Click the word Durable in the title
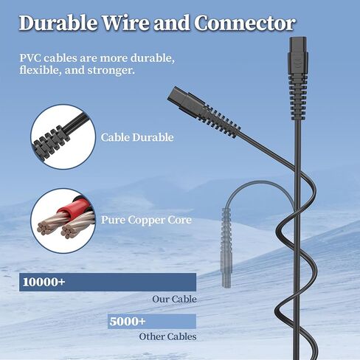pos(58,23)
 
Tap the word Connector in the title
pos(245,23)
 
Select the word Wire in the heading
pos(125,23)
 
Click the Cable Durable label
pos(137,137)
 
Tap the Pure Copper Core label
pos(146,220)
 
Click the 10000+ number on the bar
pos(44,282)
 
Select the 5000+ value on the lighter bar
pos(128,322)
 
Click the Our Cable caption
pos(175,300)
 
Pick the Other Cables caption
pos(167,336)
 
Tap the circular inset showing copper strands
pos(63,221)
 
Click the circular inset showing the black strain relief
pos(63,137)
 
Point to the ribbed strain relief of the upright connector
pos(297,98)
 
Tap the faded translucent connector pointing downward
pos(226,248)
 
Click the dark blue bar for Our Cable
pos(108,282)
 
